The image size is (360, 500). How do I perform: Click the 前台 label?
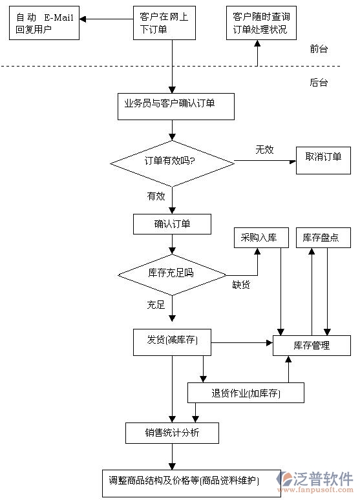coord(319,49)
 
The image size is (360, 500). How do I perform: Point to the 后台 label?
coord(319,82)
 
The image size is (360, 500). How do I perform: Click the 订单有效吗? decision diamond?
coord(172,161)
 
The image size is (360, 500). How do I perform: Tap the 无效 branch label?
coord(264,150)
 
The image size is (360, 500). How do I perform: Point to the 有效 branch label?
coord(156,196)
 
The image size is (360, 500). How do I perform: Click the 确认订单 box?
coord(172,224)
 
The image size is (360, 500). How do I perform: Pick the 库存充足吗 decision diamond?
coord(172,273)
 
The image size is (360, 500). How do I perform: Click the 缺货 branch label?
coord(241,284)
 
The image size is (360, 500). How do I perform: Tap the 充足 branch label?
coord(156,304)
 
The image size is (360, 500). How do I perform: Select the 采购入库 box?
coord(259,238)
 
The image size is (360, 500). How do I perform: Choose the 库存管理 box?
coord(312,346)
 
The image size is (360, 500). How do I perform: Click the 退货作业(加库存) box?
coord(246,393)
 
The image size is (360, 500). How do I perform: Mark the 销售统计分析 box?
coord(172,433)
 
